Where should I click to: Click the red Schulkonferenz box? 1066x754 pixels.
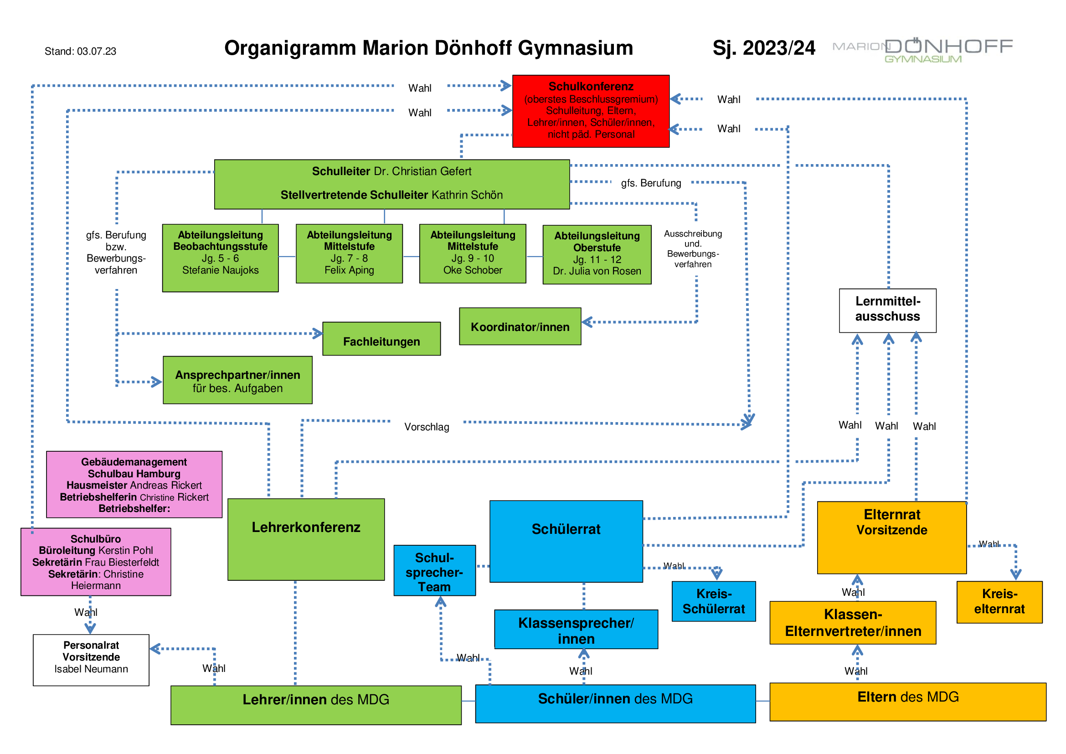pos(591,111)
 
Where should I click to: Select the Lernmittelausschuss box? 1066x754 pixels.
pos(888,310)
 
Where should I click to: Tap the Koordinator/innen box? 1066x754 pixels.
pos(520,326)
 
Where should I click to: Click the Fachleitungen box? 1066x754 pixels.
pos(381,339)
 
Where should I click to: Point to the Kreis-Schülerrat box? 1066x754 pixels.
pos(714,601)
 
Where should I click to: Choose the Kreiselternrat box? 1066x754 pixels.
pos(999,602)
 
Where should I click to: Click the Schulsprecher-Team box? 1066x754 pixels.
pos(435,571)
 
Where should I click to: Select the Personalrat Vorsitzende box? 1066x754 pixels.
pos(91,660)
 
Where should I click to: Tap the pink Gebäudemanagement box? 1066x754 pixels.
pos(134,485)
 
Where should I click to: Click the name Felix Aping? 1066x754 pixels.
pos(349,270)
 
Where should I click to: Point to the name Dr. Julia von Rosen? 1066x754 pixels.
pos(597,271)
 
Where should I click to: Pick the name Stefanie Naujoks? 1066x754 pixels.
pos(221,270)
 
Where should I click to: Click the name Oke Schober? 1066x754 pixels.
pos(473,270)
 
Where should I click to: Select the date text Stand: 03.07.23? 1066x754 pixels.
pos(80,51)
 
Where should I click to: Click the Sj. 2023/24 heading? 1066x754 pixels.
pos(764,48)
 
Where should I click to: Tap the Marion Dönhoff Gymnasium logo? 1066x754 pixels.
pos(922,50)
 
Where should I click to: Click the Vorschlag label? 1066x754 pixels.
pos(427,427)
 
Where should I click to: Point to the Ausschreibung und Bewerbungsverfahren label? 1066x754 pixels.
pos(693,249)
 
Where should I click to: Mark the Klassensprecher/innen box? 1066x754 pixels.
pos(576,630)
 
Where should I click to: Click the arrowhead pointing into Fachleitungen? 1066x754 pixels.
pos(318,333)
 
